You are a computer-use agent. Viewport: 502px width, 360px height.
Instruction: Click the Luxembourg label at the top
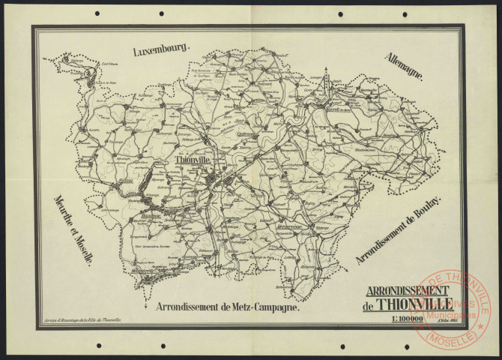point(162,51)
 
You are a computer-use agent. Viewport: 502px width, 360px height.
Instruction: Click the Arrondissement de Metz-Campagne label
point(228,307)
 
